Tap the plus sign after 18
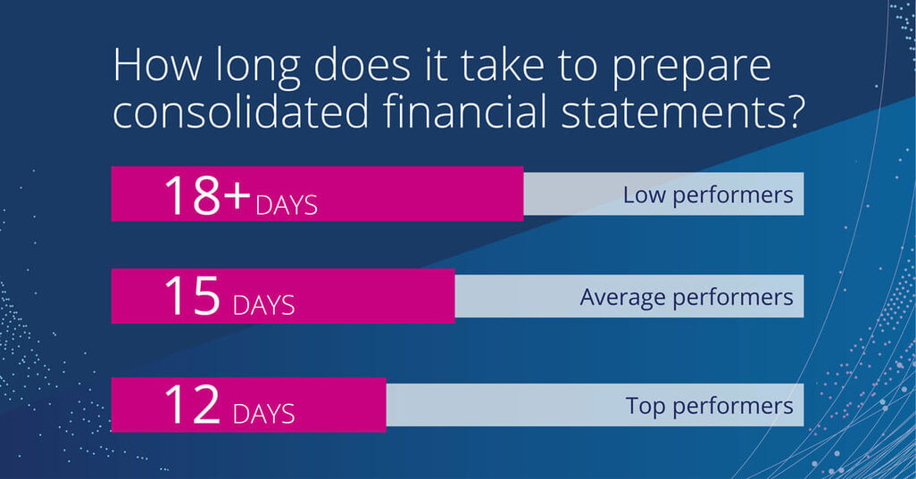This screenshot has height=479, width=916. [x=237, y=194]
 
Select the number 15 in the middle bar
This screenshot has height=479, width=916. [x=192, y=296]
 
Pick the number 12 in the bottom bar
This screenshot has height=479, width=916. [x=192, y=404]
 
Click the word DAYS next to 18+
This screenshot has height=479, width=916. [x=287, y=205]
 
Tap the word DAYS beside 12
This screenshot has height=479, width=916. [x=263, y=414]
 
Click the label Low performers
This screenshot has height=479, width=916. [x=708, y=195]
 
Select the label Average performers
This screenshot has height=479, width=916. [x=687, y=298]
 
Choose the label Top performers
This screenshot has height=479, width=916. [x=709, y=406]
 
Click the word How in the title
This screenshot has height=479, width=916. [x=156, y=65]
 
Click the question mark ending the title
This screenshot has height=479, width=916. [x=795, y=111]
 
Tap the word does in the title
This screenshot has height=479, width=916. [x=362, y=65]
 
